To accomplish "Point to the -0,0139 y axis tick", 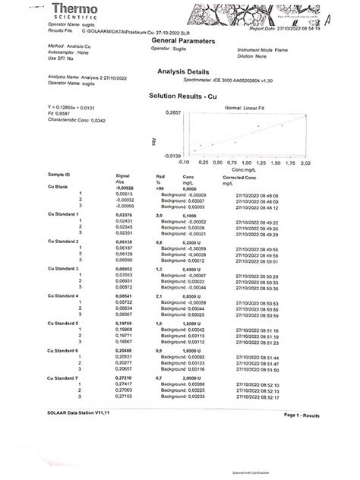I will pos(174,155).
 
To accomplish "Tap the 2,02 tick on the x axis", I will pos(307,163).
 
